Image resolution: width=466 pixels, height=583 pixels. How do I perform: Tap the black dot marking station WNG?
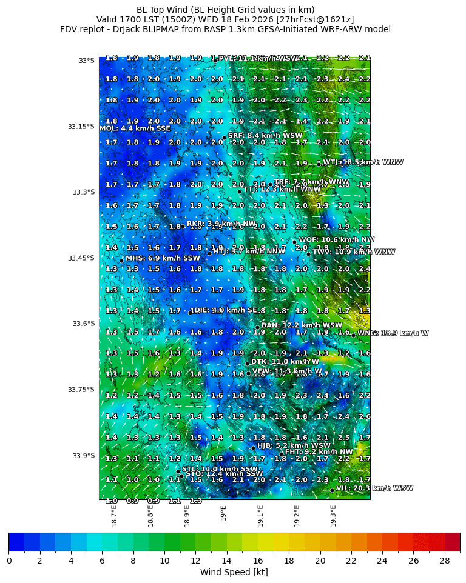coord(353,335)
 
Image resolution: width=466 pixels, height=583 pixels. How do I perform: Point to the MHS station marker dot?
coord(121,261)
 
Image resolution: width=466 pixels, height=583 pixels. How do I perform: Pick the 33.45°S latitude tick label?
coord(81,258)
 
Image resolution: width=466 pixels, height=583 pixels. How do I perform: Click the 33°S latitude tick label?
coord(86,61)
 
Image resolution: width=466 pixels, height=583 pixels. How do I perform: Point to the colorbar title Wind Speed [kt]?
coord(234,572)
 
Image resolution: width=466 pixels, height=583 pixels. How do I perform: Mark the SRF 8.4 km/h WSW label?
coord(265,136)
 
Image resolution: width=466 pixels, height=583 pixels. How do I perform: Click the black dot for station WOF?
coord(294,242)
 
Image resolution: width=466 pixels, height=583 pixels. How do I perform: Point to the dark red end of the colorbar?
coord(453,542)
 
